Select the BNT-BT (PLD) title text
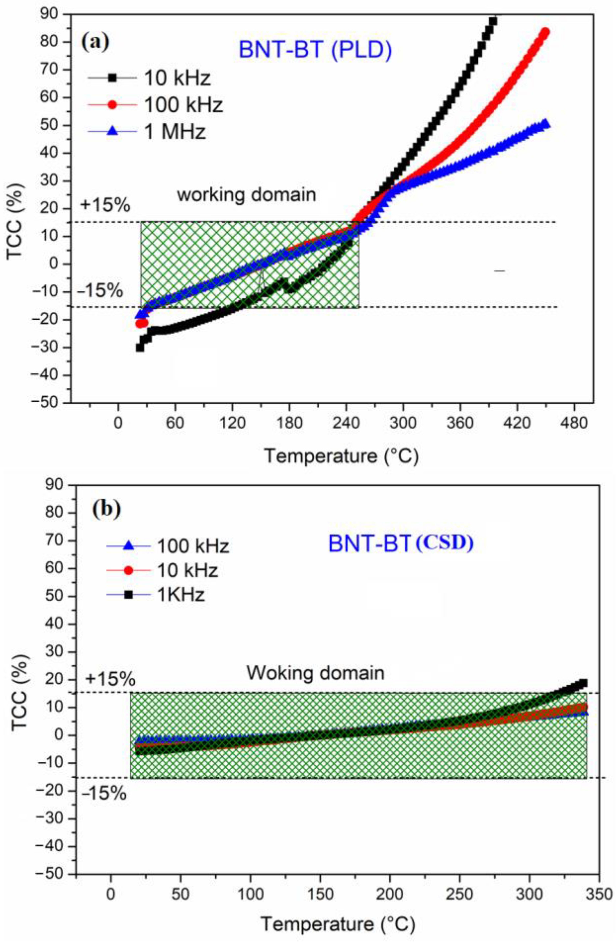click(315, 50)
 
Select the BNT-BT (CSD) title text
click(400, 544)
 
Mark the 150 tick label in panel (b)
click(320, 895)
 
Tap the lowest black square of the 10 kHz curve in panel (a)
click(140, 348)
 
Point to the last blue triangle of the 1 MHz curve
click(545, 124)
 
